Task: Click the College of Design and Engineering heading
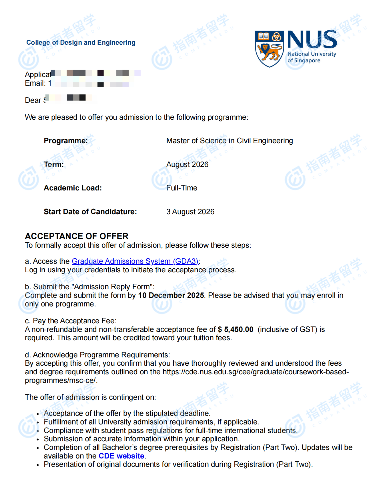point(81,43)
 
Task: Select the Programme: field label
point(66,141)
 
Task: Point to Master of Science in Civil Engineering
point(230,141)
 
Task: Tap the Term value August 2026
point(187,164)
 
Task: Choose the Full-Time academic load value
point(182,188)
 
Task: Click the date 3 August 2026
point(190,212)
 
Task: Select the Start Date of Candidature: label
point(90,212)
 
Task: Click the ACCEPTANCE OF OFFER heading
point(77,236)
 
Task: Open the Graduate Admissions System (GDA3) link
point(135,261)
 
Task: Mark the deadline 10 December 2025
point(171,295)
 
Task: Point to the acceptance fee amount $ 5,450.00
point(236,329)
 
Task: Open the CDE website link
point(121,456)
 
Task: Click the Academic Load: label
point(73,188)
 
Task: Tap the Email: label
point(35,83)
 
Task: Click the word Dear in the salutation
point(33,100)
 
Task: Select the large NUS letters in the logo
point(312,40)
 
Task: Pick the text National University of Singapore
point(312,57)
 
